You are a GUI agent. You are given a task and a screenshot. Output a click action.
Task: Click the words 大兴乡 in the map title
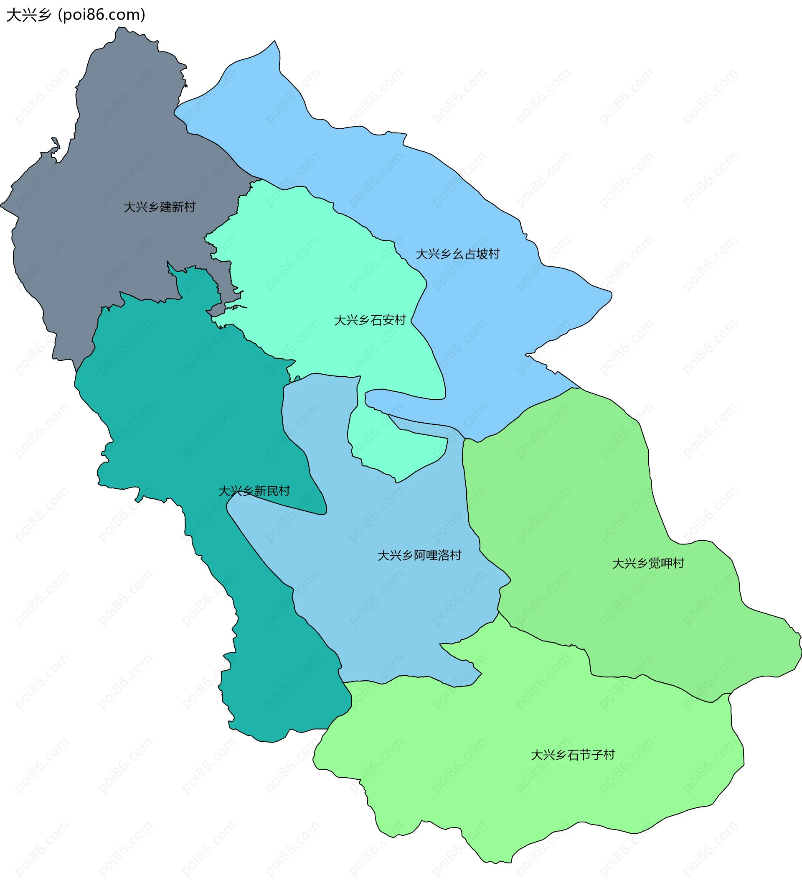click(x=29, y=15)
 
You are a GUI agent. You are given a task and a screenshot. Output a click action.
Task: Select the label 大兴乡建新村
click(x=160, y=207)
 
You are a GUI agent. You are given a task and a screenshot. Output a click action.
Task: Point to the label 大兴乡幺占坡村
click(x=458, y=254)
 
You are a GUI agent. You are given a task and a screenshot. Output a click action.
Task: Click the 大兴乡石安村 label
click(x=370, y=320)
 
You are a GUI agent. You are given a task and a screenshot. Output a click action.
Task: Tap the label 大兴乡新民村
click(x=254, y=491)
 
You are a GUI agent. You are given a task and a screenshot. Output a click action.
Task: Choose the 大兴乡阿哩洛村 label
click(x=419, y=555)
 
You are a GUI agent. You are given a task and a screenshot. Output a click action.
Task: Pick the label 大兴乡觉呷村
click(x=648, y=563)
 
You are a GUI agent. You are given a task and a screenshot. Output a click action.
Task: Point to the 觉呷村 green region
click(x=573, y=485)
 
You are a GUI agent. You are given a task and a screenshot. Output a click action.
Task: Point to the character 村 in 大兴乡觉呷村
click(x=678, y=563)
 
